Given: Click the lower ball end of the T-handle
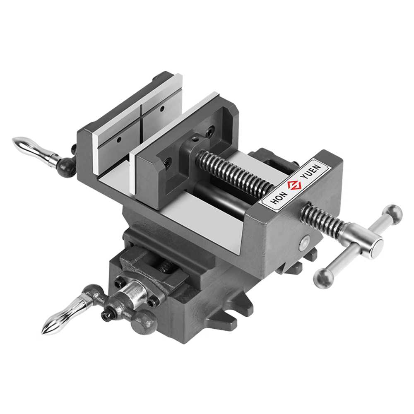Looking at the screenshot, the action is [324, 279].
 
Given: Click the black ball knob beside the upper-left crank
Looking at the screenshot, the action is [67, 167].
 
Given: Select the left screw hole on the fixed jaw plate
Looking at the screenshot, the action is [119, 139].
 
